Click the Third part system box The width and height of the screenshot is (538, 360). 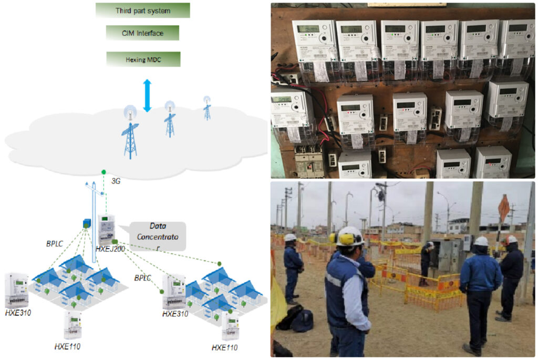pyautogui.click(x=142, y=11)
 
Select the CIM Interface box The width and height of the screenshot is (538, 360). pyautogui.click(x=142, y=33)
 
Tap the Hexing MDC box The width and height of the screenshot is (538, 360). pyautogui.click(x=142, y=59)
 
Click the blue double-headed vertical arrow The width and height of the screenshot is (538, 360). pyautogui.click(x=147, y=95)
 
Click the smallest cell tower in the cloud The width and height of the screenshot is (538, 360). pyautogui.click(x=207, y=108)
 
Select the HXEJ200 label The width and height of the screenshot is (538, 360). pyautogui.click(x=110, y=249)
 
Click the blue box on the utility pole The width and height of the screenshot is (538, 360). pyautogui.click(x=86, y=223)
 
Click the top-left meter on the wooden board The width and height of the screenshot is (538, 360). pyautogui.click(x=314, y=42)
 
